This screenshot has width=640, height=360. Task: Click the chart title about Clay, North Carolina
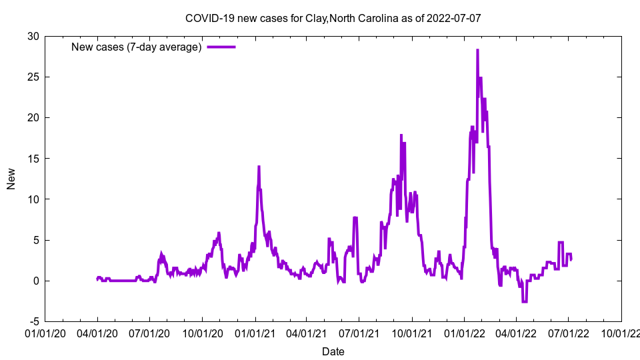333,19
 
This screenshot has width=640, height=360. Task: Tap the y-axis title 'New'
11,179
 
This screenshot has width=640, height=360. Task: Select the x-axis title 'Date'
333,351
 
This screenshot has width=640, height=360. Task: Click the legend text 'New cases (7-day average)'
136,47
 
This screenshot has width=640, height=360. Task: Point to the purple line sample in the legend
221,47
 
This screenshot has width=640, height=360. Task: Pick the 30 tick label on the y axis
33,36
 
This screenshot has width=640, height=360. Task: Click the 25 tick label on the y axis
33,77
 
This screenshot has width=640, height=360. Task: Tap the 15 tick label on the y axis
33,159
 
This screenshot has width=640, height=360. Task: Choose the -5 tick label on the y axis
34,321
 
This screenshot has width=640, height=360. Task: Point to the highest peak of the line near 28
477,50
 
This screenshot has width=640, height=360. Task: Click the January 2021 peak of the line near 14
259,167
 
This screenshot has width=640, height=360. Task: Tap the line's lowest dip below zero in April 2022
525,302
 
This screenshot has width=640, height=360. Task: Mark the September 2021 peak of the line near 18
401,135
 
